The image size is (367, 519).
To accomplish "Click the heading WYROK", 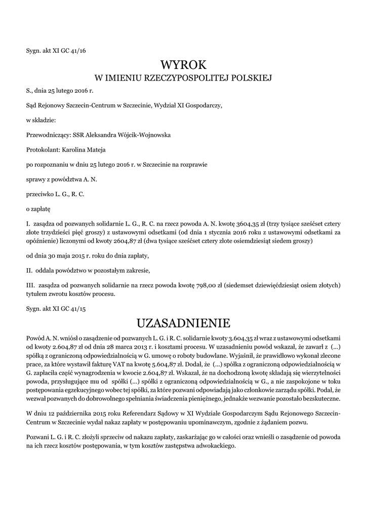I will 184,65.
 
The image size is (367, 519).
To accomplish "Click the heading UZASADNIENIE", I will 184,323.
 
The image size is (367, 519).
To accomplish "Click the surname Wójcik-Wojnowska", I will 144,135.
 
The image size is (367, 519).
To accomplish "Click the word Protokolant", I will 43,150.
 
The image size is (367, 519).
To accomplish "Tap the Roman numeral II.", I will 29,270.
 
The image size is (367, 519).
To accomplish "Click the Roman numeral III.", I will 30,285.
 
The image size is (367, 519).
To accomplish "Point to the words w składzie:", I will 41,121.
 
